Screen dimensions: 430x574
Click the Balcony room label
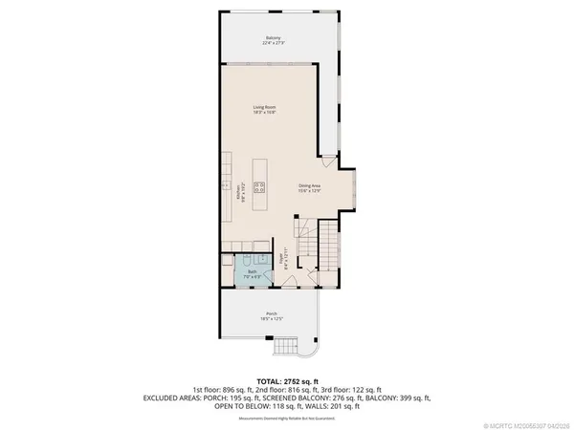click(272, 37)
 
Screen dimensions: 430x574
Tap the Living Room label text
click(264, 106)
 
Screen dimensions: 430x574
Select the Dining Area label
click(309, 186)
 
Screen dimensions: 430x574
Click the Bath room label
click(252, 271)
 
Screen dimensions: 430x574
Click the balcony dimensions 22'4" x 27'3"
click(272, 43)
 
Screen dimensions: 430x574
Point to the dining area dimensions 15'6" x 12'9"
click(309, 192)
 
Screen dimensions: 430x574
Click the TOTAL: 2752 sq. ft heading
click(286, 380)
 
